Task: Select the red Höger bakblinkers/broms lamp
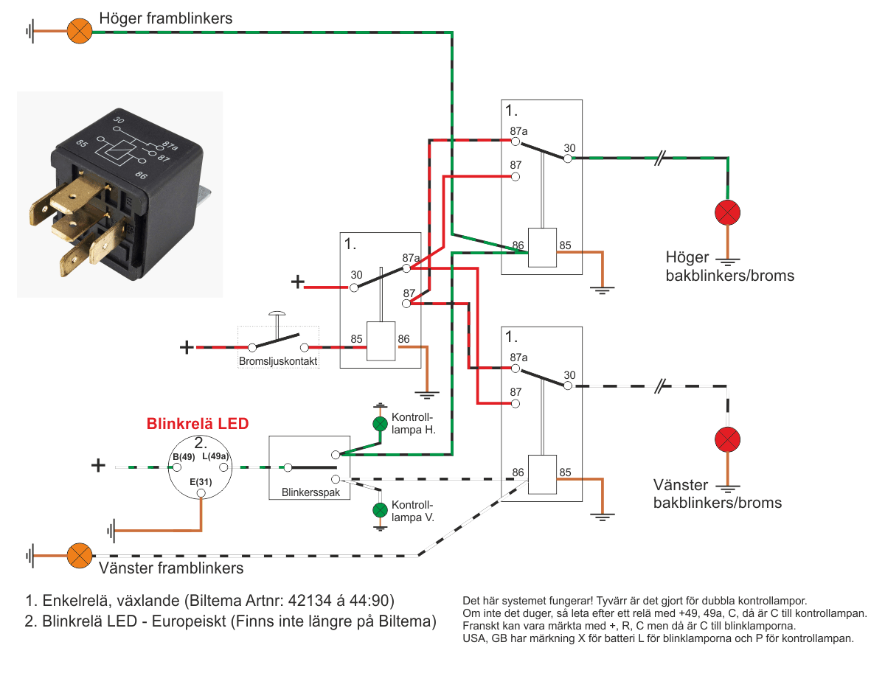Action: point(727,213)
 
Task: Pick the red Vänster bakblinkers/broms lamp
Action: point(727,440)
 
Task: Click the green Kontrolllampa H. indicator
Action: point(380,424)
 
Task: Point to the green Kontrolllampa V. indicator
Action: point(380,510)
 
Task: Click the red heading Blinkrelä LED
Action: point(198,424)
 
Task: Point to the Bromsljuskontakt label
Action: point(278,362)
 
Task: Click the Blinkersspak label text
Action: point(310,492)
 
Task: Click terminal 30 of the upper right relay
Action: point(569,158)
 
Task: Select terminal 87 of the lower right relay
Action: point(516,404)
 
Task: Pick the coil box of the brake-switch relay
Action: point(381,341)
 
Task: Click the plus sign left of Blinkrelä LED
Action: point(97,465)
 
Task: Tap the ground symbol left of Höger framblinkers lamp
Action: point(31,31)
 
